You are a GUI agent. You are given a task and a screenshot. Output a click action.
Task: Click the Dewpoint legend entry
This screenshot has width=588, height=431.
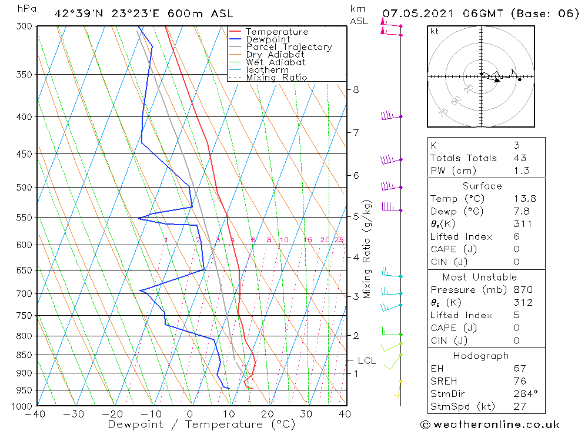pos(268,39)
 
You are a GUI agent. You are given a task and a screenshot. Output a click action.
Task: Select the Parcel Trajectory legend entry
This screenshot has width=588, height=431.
pos(289,47)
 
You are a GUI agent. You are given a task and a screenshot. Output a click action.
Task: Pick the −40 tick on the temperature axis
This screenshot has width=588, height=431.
pos(36,414)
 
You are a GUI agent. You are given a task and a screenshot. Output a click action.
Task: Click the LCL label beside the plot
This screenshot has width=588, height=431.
pos(366,360)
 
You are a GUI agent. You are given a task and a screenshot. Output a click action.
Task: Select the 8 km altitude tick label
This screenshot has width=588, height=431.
pos(356,90)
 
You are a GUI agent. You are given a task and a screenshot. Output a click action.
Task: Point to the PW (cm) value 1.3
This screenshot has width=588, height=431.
pos(521,171)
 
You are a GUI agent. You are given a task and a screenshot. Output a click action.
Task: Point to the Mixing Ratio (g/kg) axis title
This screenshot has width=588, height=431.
pos(367,249)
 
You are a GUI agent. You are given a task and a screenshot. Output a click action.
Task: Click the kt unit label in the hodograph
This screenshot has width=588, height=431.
pos(435,31)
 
